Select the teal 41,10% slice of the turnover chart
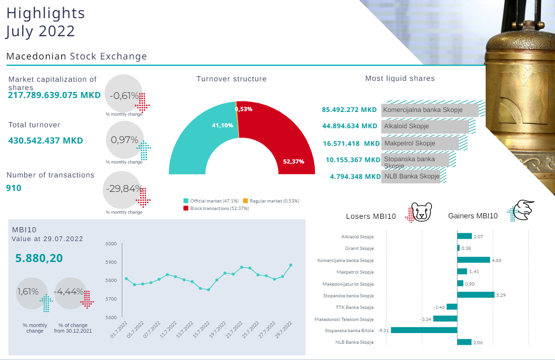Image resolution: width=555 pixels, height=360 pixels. [200, 139]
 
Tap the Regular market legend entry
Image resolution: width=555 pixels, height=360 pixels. [271, 201]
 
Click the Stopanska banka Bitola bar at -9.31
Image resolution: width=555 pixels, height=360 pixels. [424, 330]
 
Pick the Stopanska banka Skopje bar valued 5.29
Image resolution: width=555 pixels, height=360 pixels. [476, 295]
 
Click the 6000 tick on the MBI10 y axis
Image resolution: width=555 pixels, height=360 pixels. [111, 243]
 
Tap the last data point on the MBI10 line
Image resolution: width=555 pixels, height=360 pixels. [291, 265]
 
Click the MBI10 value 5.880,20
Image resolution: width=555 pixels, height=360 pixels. [39, 258]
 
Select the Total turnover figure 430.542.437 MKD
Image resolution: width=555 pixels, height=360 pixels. [46, 140]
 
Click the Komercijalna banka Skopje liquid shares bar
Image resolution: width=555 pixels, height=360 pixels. [430, 110]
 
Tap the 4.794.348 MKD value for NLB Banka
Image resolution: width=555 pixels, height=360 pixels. [355, 177]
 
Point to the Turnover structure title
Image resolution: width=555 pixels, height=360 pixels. [231, 79]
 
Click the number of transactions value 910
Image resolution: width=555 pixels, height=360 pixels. [14, 188]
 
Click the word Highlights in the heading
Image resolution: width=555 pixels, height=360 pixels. [46, 13]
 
